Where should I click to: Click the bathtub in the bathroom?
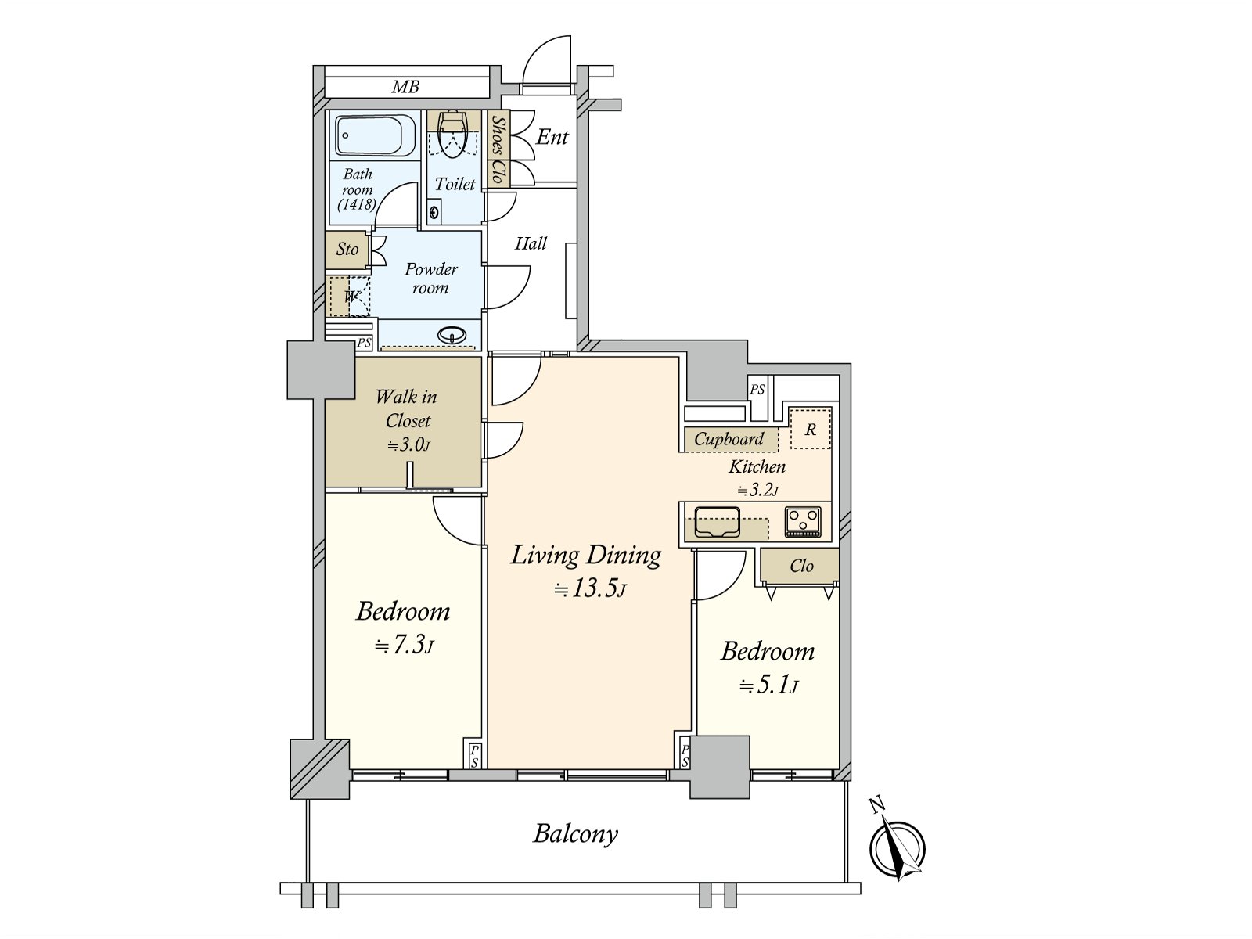(x=376, y=135)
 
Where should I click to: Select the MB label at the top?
(x=405, y=87)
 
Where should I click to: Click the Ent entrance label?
(x=552, y=137)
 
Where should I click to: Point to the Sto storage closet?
(x=347, y=249)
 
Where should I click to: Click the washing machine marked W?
(x=350, y=297)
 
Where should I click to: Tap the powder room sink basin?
(x=452, y=334)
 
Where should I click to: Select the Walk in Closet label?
(x=406, y=408)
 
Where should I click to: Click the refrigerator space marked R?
(x=811, y=428)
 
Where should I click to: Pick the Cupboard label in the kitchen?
(x=729, y=439)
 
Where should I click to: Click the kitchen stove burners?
(x=803, y=522)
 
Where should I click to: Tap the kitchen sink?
(x=718, y=522)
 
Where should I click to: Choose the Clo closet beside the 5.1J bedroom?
(x=800, y=566)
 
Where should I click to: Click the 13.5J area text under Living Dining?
(x=590, y=588)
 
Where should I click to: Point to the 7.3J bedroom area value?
(x=404, y=646)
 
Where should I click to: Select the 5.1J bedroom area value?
(x=768, y=685)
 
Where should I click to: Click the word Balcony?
(x=575, y=834)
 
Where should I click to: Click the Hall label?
(x=531, y=243)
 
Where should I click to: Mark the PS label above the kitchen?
(x=757, y=390)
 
